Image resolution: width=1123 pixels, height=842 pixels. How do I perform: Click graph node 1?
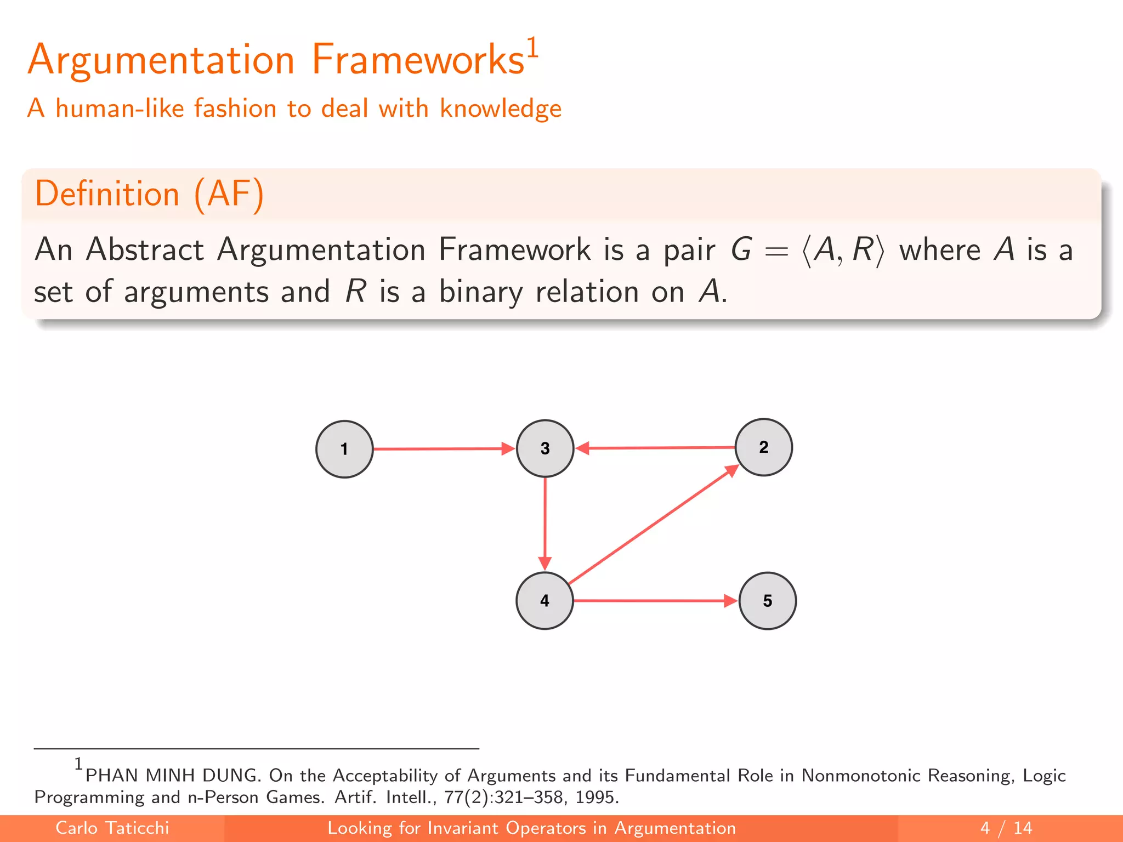pyautogui.click(x=344, y=449)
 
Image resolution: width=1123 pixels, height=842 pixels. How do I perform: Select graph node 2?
pyautogui.click(x=763, y=447)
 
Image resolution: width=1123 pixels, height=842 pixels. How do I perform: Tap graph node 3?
pyautogui.click(x=545, y=448)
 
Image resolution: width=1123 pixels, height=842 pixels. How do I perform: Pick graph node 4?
pyautogui.click(x=545, y=601)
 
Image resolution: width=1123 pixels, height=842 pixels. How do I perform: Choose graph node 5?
pyautogui.click(x=767, y=601)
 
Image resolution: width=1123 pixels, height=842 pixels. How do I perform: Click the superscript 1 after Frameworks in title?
pyautogui.click(x=532, y=47)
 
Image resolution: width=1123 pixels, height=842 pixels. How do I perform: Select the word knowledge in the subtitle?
pyautogui.click(x=500, y=109)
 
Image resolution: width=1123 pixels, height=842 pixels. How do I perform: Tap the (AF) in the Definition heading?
pyautogui.click(x=229, y=194)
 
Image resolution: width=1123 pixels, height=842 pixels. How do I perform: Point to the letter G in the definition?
pyautogui.click(x=741, y=250)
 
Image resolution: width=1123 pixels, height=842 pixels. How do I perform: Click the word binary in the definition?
pyautogui.click(x=481, y=292)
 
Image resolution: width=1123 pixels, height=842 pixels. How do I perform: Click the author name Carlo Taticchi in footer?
pyautogui.click(x=112, y=828)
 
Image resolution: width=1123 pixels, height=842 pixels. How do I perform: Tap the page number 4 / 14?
pyautogui.click(x=1006, y=828)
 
